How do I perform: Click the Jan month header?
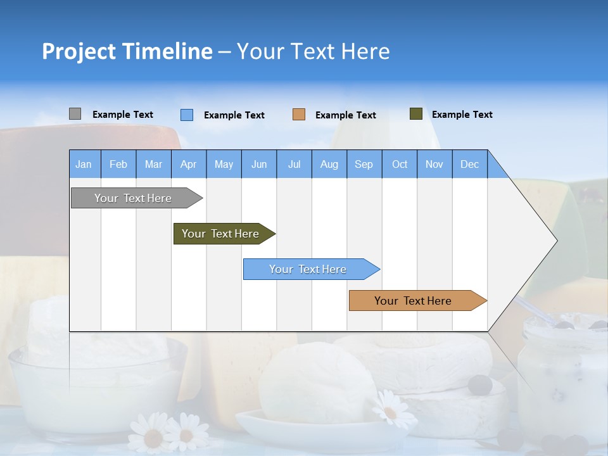84,164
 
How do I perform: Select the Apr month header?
188,164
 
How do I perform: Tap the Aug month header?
329,164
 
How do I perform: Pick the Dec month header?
469,164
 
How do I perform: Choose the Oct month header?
400,164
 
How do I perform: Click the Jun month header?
259,164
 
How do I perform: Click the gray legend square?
75,114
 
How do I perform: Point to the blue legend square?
186,115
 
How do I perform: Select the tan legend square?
299,115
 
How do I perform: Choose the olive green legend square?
415,114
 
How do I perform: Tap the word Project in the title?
78,51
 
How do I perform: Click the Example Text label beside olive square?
462,115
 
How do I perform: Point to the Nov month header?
434,164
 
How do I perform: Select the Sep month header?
364,164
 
